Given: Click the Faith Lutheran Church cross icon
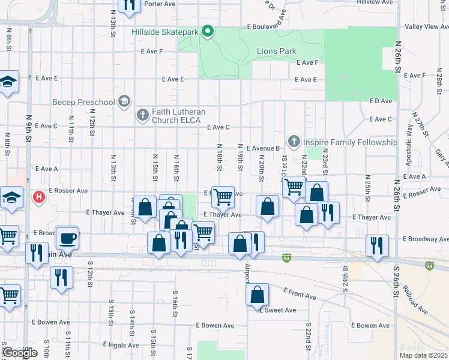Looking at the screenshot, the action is click(142, 114).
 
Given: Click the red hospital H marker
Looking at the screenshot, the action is click(39, 196).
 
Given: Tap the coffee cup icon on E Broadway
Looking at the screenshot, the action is click(68, 238).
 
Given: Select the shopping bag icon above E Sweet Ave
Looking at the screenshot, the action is click(257, 295).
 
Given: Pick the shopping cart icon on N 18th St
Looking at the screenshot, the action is click(223, 196).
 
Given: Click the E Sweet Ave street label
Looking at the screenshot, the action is click(278, 310).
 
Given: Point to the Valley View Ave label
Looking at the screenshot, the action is click(423, 27).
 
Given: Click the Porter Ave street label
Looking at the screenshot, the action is click(160, 4).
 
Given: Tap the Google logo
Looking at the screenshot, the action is click(19, 353).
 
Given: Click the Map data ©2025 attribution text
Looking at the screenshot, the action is click(423, 355).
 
